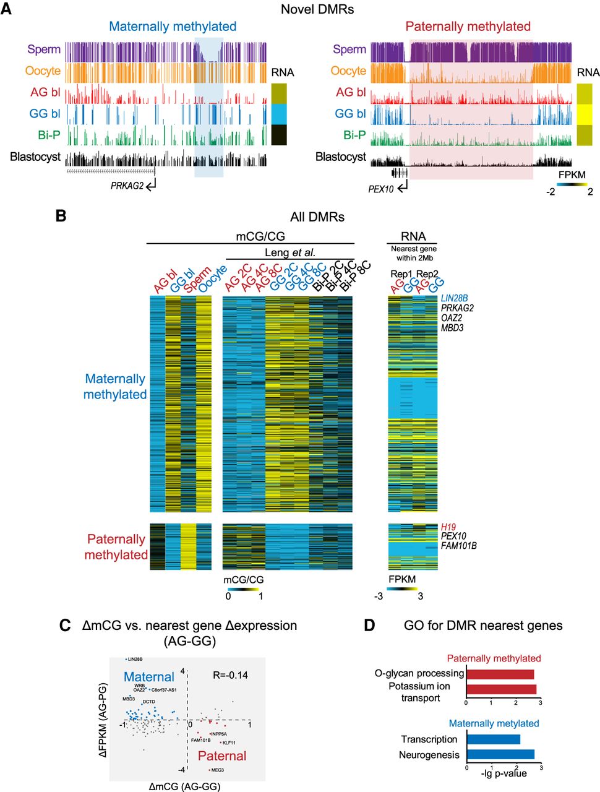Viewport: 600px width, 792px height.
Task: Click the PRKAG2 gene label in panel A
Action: tap(127, 185)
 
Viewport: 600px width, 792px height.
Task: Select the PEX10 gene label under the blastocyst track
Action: tap(380, 189)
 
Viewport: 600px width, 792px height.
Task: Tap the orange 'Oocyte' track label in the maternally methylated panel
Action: tap(43, 71)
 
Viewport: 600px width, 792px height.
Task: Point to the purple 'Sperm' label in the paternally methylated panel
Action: tap(349, 49)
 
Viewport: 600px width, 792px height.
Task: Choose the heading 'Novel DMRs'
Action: tap(317, 9)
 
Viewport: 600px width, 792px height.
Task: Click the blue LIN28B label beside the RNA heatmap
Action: tap(454, 298)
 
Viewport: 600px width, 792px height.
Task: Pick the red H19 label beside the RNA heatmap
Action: tap(448, 527)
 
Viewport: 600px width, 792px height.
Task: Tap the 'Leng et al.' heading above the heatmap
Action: tap(289, 252)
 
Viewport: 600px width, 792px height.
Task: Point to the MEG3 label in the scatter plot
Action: tap(217, 770)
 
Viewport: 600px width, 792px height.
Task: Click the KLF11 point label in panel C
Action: tap(229, 742)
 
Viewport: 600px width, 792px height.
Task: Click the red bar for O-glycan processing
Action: tap(500, 674)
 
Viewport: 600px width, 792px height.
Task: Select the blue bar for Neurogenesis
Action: tap(500, 754)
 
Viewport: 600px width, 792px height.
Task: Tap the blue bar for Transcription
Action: tap(494, 739)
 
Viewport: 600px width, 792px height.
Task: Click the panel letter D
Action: tap(369, 626)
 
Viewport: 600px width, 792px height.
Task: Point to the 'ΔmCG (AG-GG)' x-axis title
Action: tap(184, 786)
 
